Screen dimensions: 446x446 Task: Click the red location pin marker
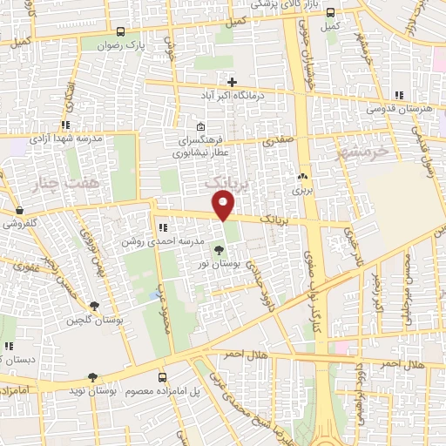224,206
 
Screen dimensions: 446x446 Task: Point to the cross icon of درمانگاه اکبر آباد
233,82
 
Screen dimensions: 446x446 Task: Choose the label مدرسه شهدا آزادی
67,139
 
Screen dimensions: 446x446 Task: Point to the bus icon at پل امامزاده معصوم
163,377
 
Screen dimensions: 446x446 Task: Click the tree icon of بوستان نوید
92,377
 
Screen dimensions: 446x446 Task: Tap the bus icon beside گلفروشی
19,210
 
